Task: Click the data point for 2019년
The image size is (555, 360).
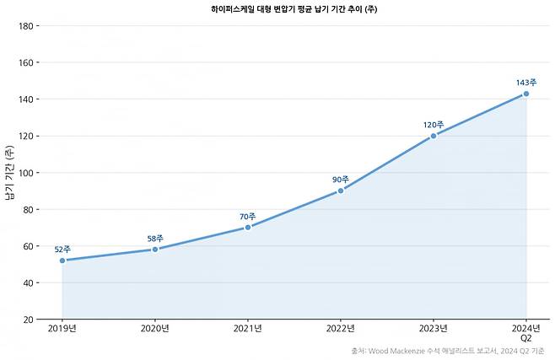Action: click(62, 261)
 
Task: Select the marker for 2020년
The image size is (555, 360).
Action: click(155, 250)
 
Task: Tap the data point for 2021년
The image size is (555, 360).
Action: click(248, 228)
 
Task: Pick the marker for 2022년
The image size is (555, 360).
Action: click(341, 191)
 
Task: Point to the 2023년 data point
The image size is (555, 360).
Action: click(434, 136)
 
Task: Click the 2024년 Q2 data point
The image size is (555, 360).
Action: click(526, 94)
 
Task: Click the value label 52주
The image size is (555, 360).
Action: click(62, 250)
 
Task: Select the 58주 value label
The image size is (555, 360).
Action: click(155, 239)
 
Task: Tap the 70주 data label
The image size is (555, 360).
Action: click(248, 217)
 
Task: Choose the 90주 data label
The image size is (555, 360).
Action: click(341, 180)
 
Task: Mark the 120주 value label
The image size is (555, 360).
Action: click(434, 125)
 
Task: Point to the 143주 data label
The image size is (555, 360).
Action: click(526, 83)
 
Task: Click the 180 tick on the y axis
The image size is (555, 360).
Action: click(26, 26)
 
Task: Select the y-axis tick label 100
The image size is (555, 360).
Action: click(26, 173)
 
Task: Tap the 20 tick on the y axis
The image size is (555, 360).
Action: click(29, 320)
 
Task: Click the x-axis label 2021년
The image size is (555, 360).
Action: click(248, 329)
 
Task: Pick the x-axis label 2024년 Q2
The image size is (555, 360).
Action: click(526, 333)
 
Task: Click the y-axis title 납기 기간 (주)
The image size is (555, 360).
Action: click(9, 173)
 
